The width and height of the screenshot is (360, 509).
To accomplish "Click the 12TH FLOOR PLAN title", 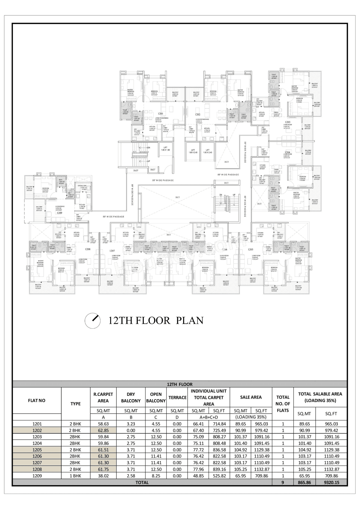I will [x=156, y=320].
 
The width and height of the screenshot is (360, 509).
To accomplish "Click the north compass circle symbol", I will [x=93, y=320].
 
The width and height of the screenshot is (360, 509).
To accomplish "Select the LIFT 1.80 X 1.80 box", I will [x=165, y=149].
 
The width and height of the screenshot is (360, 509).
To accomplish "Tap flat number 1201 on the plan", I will [x=160, y=114].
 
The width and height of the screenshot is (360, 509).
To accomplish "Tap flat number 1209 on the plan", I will [x=59, y=213].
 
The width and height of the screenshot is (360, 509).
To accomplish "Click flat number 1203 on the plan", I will [x=287, y=122].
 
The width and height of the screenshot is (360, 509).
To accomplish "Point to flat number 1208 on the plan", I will [x=88, y=249].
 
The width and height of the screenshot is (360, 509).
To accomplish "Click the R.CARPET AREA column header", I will [x=103, y=397].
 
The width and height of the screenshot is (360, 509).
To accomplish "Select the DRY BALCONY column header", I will [x=131, y=397].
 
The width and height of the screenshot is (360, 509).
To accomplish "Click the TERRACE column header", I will [x=177, y=397].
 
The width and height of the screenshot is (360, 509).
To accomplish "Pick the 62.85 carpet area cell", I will [x=103, y=430].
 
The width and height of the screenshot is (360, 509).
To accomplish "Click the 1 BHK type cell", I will [x=75, y=476].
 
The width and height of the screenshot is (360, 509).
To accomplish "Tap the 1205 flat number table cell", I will [x=37, y=450].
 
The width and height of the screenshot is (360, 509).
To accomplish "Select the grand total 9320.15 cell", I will [x=331, y=482].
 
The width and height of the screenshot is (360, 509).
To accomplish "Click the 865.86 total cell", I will [x=305, y=482].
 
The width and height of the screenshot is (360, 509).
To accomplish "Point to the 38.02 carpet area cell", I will [x=103, y=476].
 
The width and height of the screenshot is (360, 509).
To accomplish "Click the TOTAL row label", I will [x=142, y=482].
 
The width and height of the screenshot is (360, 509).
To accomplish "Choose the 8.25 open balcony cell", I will [x=156, y=476].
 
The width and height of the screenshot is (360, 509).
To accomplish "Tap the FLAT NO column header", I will [x=37, y=400].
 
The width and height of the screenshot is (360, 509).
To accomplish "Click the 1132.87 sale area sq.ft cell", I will [x=261, y=469].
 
